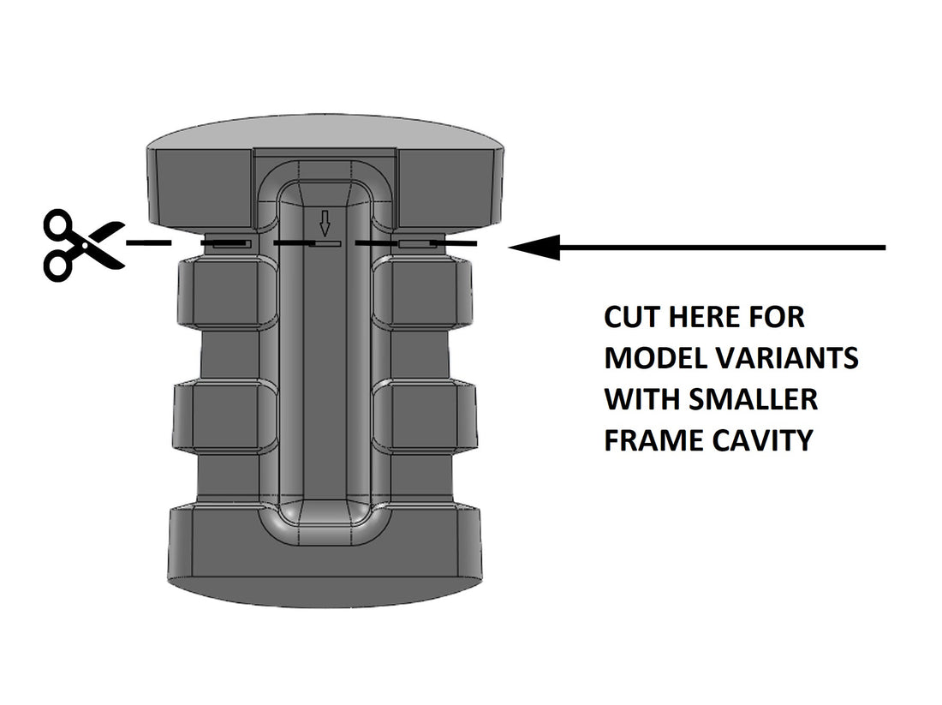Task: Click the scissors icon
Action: point(83,245)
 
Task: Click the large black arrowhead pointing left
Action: point(535,248)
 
